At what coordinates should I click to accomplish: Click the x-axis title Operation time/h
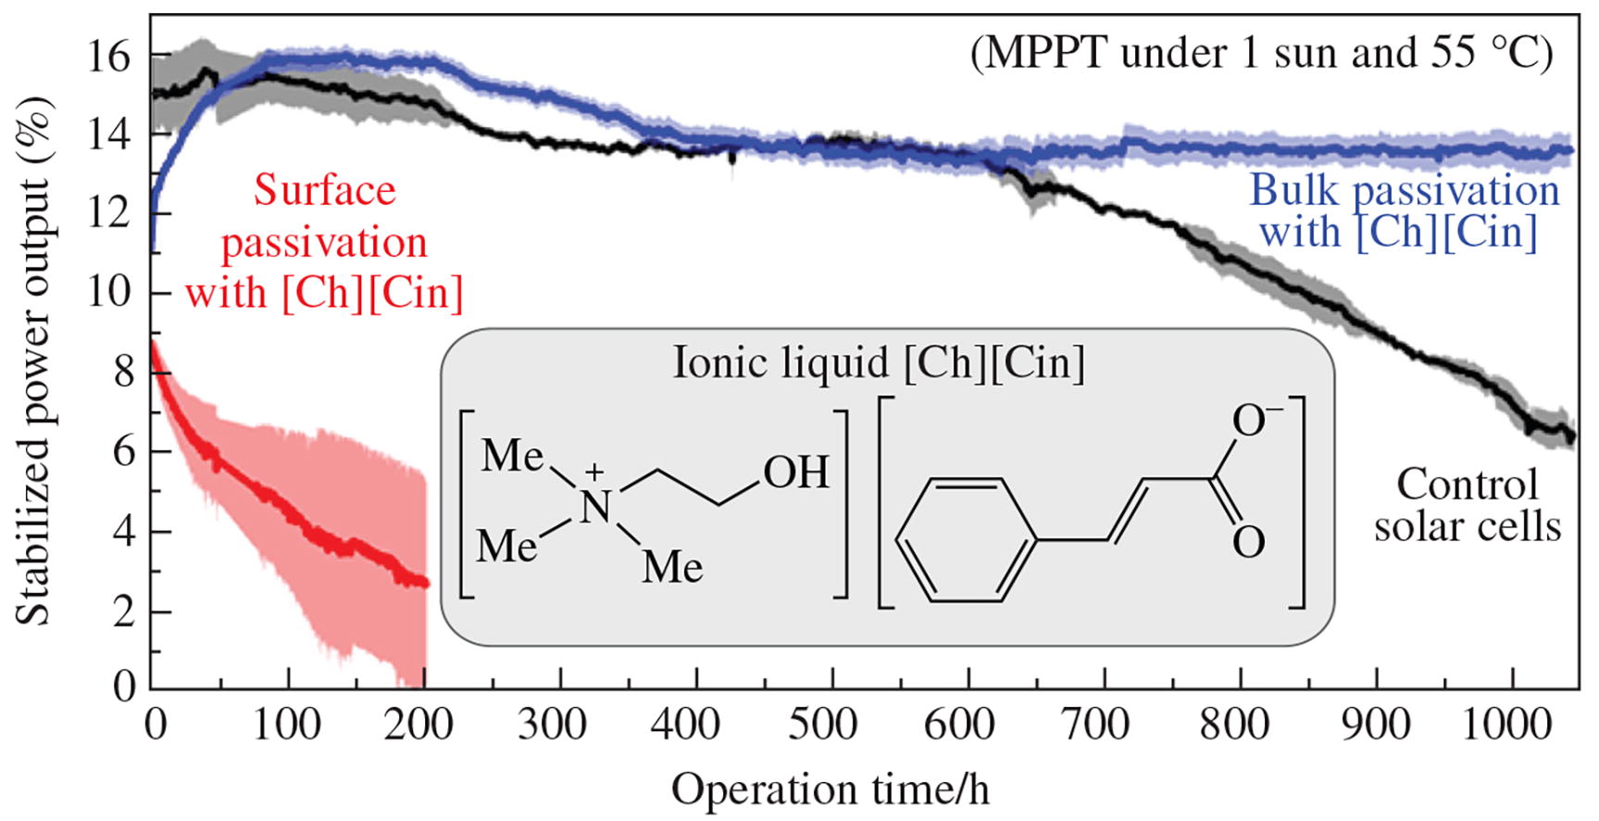pos(830,790)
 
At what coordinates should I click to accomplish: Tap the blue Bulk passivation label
pos(1404,211)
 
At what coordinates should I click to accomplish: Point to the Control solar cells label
pos(1467,506)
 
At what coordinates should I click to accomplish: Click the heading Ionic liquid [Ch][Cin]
pos(878,362)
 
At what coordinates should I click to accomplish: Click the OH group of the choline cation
pos(795,473)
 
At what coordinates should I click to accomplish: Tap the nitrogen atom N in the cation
pos(595,507)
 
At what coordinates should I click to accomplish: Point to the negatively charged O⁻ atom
pos(1252,422)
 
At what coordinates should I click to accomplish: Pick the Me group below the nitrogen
pos(672,566)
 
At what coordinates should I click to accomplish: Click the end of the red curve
pos(425,583)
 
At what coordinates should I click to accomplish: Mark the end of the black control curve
pos(1570,436)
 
